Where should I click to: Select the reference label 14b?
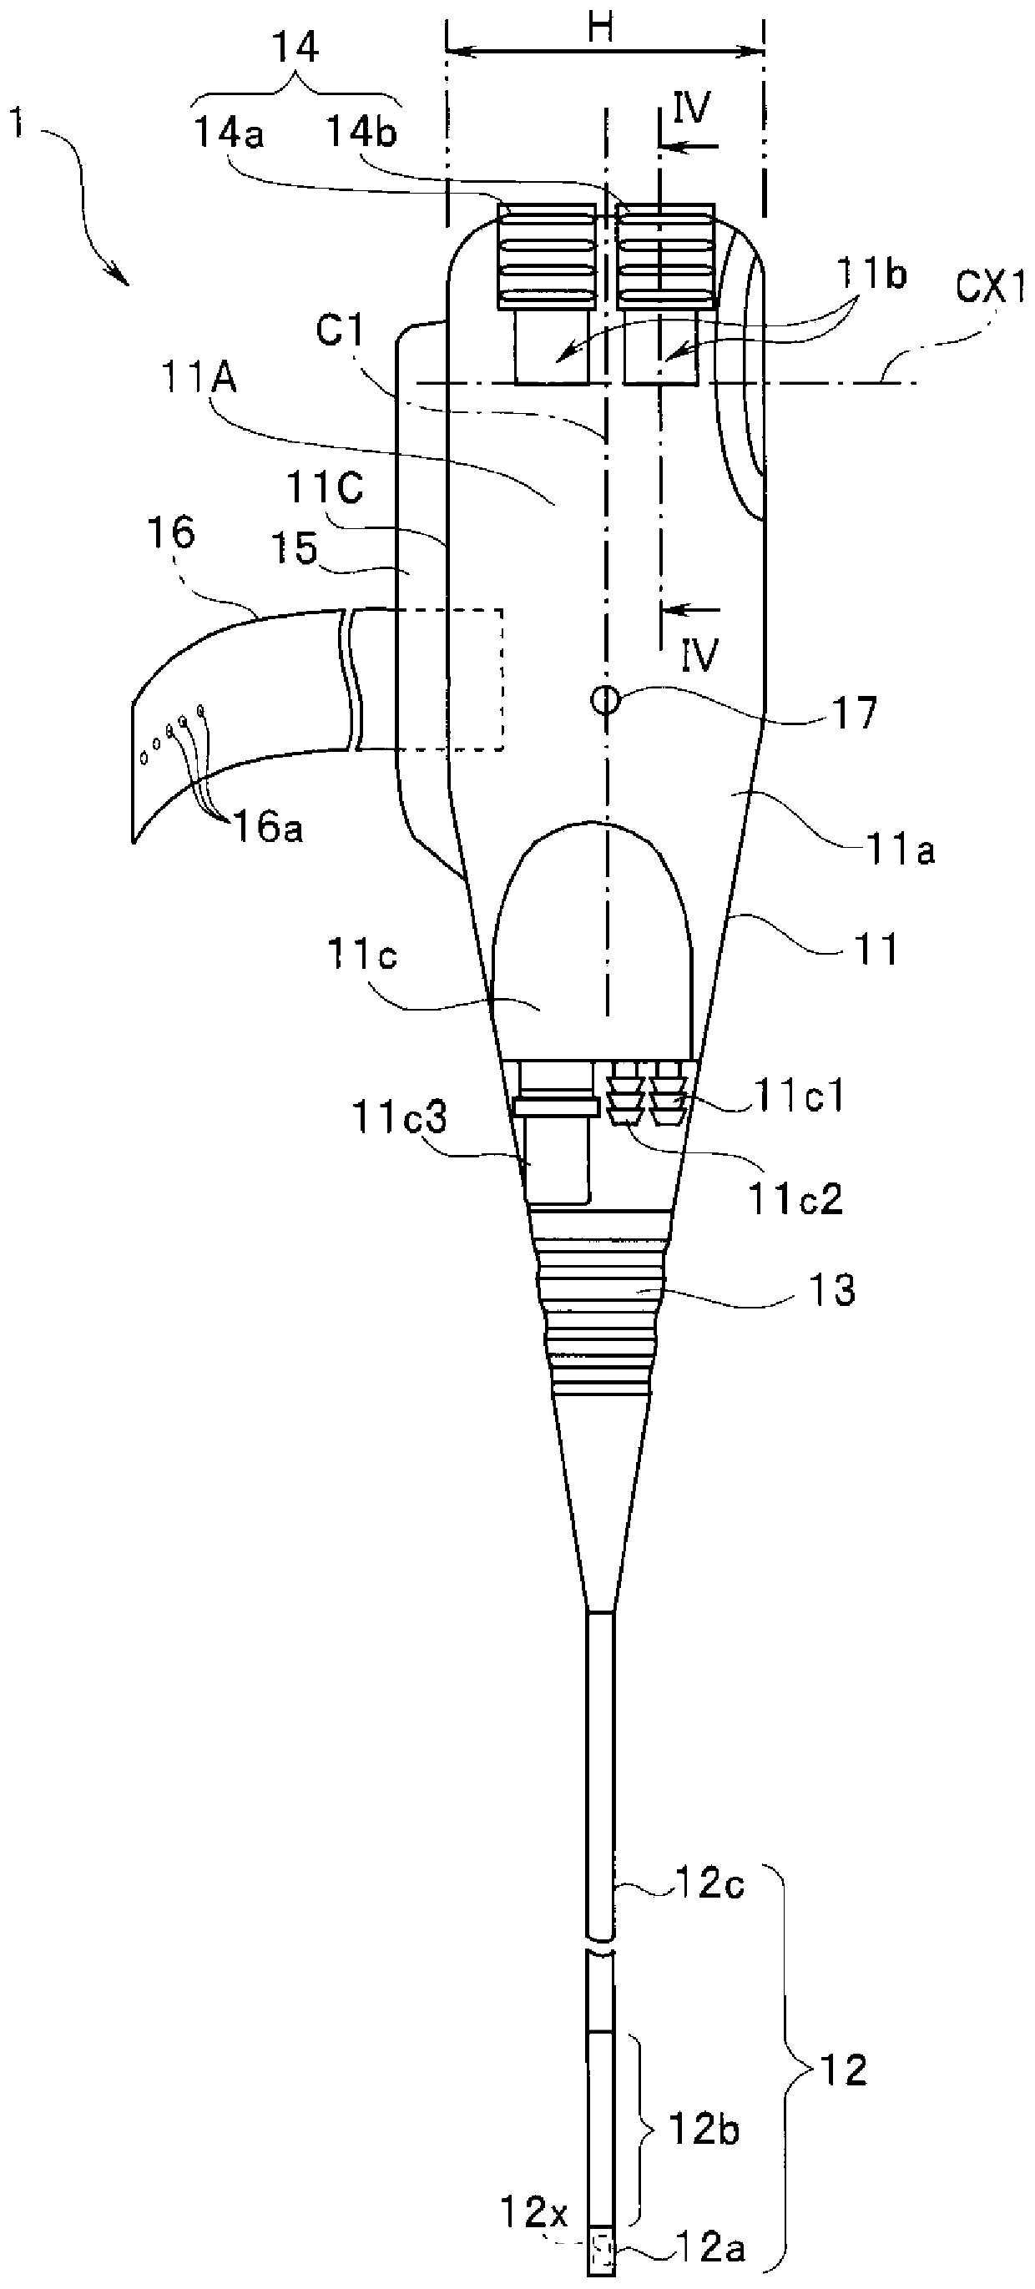[x=361, y=134]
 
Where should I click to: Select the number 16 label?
[x=174, y=534]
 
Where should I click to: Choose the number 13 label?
[x=833, y=1291]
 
